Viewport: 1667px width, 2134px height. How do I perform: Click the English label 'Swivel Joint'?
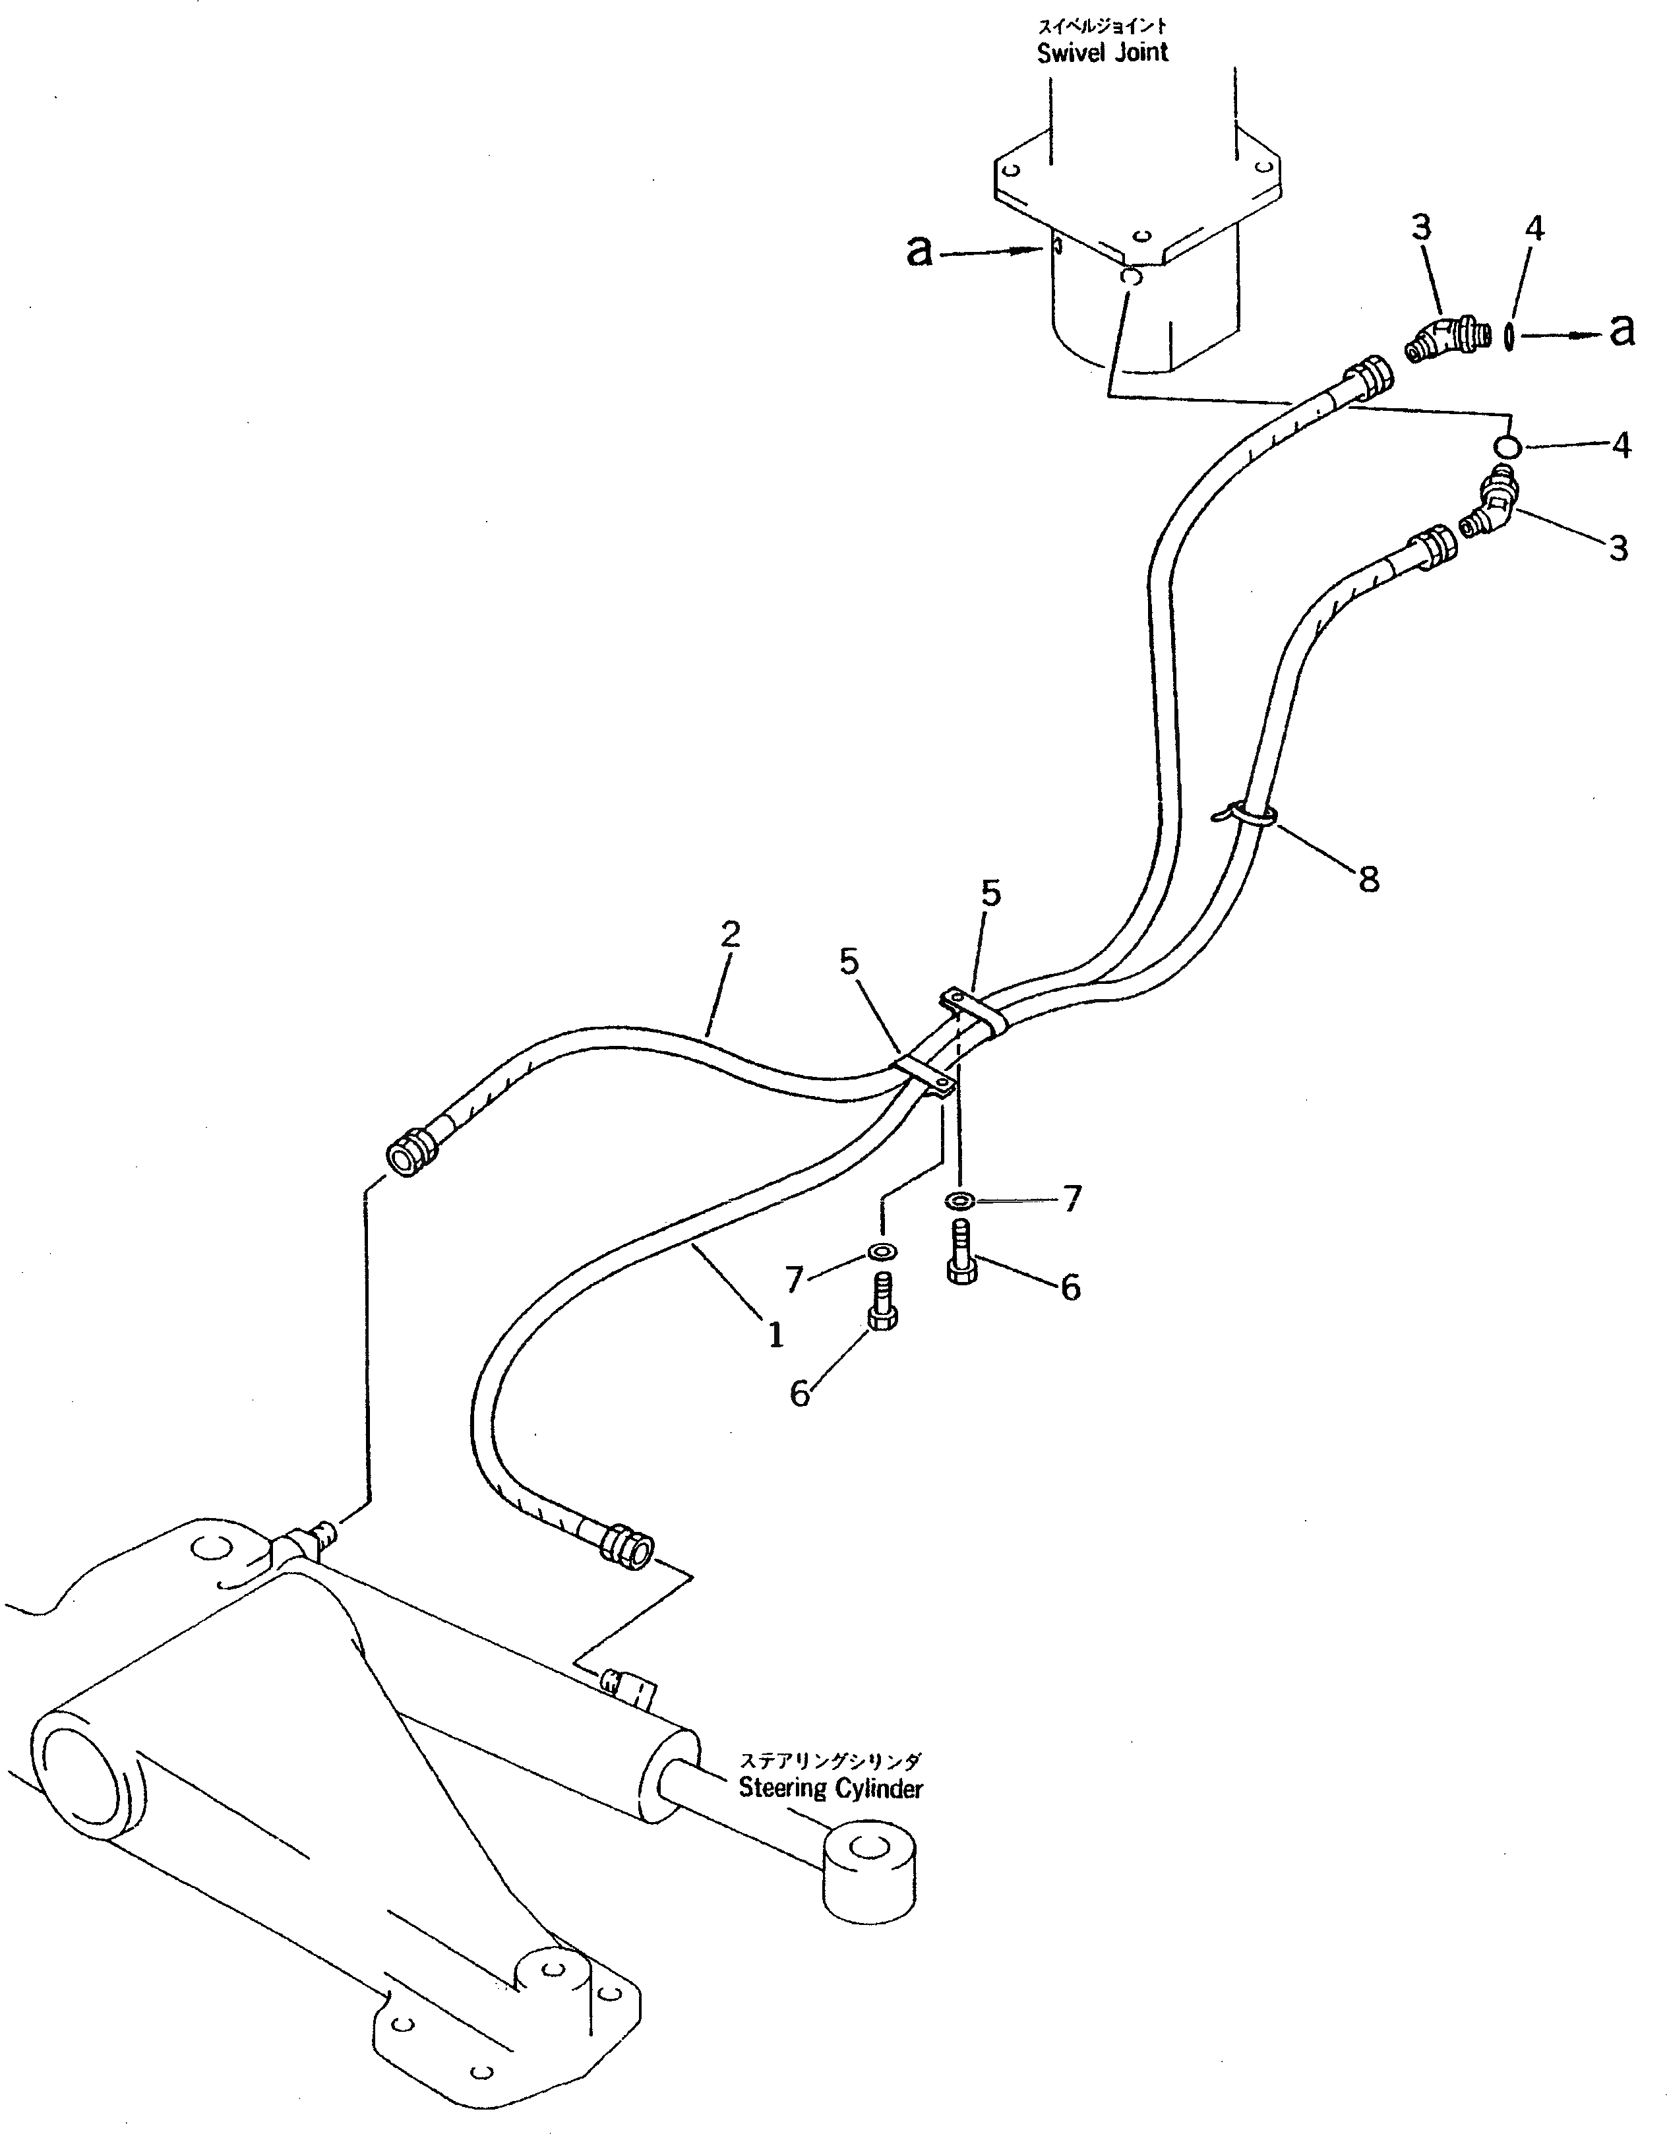1103,53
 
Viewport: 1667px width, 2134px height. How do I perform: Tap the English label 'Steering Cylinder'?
830,1788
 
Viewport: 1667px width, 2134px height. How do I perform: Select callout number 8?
1368,880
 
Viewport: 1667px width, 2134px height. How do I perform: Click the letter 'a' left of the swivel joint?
919,252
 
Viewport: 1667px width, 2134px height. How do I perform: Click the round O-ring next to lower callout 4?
1507,446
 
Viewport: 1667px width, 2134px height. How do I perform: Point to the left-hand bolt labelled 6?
882,1302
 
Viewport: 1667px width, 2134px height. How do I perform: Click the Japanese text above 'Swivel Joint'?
1103,26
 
